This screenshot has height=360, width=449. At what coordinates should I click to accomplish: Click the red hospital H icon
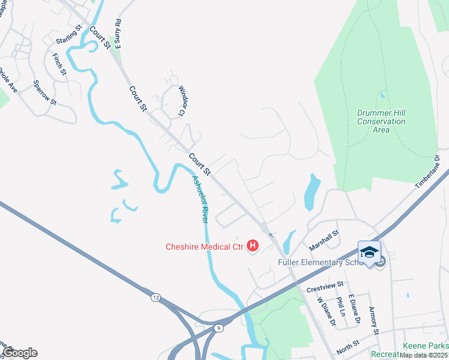(x=253, y=246)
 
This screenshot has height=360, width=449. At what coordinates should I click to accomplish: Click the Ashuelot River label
(x=200, y=199)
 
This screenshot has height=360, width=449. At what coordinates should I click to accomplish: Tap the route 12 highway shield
(x=156, y=298)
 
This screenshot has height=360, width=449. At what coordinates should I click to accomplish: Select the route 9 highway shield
(x=218, y=328)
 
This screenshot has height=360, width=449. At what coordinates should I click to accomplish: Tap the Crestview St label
(x=324, y=287)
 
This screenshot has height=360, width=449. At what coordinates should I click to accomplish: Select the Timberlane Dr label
(x=428, y=172)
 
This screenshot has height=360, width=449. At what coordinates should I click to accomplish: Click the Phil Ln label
(x=341, y=307)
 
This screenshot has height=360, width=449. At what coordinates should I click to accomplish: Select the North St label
(x=348, y=347)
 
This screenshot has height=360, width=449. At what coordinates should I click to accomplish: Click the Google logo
(x=20, y=353)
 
